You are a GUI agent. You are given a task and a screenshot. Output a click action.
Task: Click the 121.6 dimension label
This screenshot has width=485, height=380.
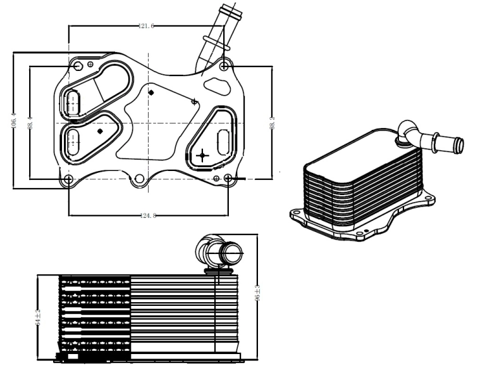point(146,26)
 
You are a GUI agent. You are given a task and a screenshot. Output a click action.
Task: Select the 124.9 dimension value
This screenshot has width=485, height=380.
point(148,216)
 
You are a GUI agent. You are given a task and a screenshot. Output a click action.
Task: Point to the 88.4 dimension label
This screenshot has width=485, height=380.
point(30,122)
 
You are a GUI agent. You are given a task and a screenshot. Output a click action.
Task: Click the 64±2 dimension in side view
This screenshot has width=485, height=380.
point(39,316)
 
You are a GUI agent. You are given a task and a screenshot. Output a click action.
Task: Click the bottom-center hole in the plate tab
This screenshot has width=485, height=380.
point(140,180)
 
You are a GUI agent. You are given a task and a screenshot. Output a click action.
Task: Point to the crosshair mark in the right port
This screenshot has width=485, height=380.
point(202,154)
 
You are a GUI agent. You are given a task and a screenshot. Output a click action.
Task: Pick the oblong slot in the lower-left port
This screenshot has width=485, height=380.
point(73,138)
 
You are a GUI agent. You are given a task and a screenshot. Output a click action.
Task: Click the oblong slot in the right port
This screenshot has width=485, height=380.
point(223,142)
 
